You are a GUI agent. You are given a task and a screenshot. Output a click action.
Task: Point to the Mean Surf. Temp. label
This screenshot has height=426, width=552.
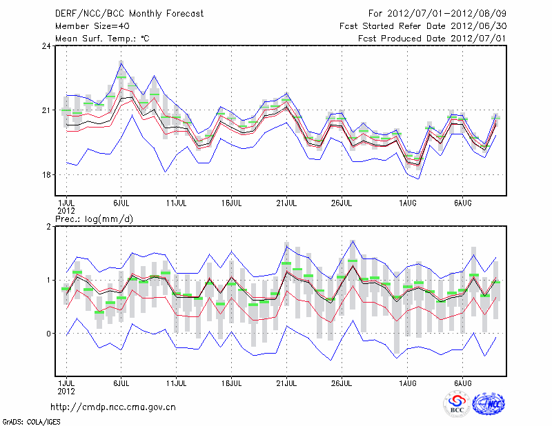[x=102, y=39]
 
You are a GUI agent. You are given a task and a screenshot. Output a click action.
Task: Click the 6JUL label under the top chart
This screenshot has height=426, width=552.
[x=121, y=203]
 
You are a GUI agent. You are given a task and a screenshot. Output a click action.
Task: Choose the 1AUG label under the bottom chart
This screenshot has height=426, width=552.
[x=408, y=381]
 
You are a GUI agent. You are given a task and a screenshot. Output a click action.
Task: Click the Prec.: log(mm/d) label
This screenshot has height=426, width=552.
[x=94, y=219]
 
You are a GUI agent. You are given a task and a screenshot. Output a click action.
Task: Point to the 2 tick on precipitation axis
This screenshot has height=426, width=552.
[x=49, y=227]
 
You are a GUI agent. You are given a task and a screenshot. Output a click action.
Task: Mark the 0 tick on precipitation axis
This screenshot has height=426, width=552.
[x=49, y=334]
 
